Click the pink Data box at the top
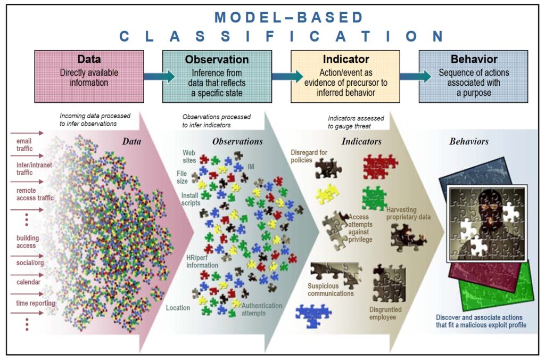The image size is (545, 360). tap(89, 76)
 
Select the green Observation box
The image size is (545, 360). tap(217, 76)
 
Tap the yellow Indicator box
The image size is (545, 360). tap(345, 76)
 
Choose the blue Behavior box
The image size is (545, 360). tap(473, 76)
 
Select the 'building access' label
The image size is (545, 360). tap(27, 242)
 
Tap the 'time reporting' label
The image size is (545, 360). tap(35, 303)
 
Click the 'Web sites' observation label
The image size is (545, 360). tap(189, 156)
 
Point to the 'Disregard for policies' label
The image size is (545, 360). tap(309, 156)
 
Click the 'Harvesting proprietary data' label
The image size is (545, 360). tap(408, 214)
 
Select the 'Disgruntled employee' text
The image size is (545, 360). tap(385, 313)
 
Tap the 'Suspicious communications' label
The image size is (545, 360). tap(331, 290)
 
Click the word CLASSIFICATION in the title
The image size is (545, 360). tap(282, 36)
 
